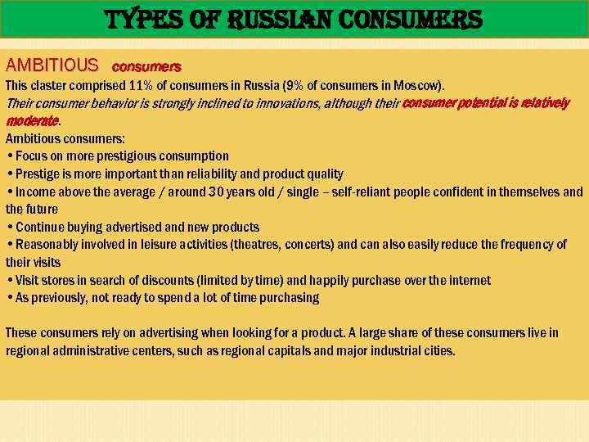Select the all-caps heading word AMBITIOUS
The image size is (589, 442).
(52, 65)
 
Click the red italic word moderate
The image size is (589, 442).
(32, 121)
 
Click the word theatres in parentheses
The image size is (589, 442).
(258, 245)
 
